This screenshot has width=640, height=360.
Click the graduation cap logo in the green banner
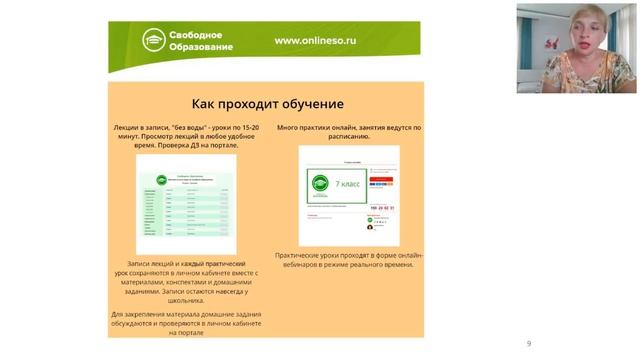[x=153, y=40]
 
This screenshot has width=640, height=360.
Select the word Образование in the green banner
[x=204, y=47]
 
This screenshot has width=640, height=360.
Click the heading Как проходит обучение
[x=267, y=104]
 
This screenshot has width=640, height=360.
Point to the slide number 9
[x=529, y=344]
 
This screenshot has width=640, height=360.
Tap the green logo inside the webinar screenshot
[x=320, y=184]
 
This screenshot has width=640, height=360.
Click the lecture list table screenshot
[x=186, y=204]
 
